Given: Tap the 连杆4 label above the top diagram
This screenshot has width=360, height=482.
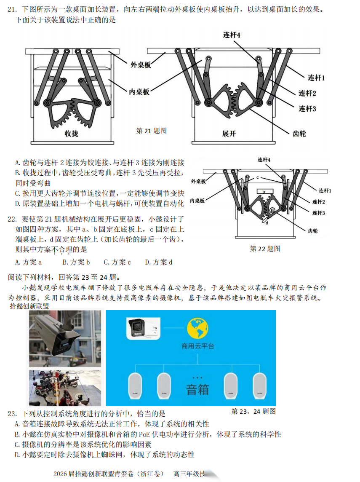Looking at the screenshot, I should point(232,35).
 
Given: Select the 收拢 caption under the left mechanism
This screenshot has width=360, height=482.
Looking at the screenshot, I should point(71,134).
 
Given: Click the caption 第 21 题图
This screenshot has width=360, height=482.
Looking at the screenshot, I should point(152,131).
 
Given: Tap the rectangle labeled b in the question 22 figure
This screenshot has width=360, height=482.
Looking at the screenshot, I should point(264,192).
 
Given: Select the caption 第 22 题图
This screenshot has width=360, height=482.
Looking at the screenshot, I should point(265,249).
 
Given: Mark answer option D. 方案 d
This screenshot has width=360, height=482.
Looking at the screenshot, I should point(159,262).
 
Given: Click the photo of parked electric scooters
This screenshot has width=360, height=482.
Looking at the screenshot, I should point(65,388).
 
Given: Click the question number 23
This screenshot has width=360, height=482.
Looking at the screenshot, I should point(12,414).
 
